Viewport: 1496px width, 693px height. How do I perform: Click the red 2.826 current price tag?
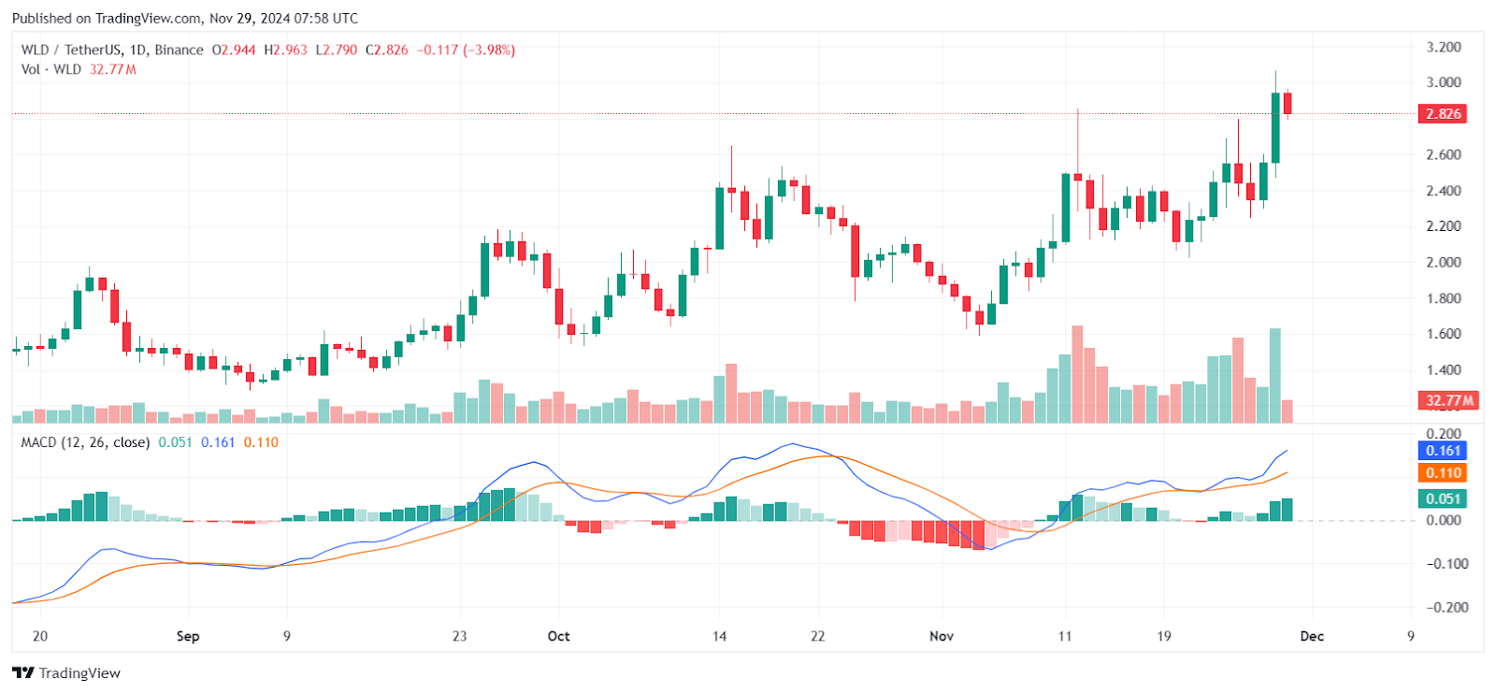tap(1443, 114)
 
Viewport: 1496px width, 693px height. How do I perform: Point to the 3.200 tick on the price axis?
tap(1444, 47)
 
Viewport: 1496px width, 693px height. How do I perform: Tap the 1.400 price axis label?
tap(1444, 370)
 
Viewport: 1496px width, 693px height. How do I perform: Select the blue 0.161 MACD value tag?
tap(1443, 451)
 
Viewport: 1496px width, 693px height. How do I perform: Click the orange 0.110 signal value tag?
tap(1443, 473)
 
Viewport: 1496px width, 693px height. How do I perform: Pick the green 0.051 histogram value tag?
tap(1443, 498)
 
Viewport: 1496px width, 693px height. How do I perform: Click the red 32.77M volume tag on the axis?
tap(1448, 400)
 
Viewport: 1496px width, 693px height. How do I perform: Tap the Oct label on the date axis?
tap(558, 636)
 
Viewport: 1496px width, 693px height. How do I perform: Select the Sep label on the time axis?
tap(188, 636)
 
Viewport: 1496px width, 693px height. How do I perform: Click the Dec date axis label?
tap(1312, 636)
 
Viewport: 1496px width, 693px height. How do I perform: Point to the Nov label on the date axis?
tap(942, 636)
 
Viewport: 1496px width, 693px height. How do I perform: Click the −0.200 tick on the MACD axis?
tap(1446, 607)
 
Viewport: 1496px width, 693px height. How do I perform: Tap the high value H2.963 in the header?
tap(285, 50)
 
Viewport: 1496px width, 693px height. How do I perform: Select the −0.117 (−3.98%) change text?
tap(466, 50)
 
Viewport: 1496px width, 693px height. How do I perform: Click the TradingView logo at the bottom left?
tap(66, 673)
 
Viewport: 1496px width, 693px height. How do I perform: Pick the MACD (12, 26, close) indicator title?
tap(85, 442)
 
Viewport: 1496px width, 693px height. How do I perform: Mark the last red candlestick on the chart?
tap(1287, 103)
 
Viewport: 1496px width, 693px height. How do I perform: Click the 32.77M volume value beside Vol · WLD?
tap(113, 69)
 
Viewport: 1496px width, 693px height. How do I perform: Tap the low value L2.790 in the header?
tap(337, 50)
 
